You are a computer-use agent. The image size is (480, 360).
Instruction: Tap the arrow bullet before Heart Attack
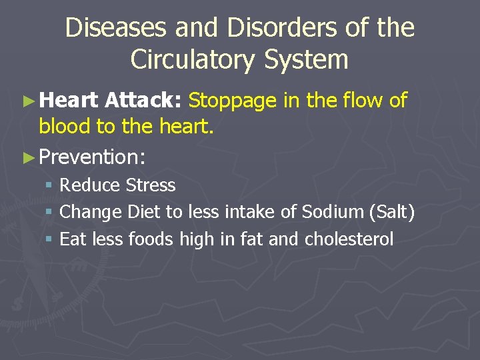pyautogui.click(x=28, y=101)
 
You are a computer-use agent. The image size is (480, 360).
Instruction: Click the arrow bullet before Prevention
pyautogui.click(x=28, y=157)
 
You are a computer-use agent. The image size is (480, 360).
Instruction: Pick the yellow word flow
pyautogui.click(x=362, y=101)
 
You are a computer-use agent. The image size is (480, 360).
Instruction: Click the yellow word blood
pyautogui.click(x=65, y=126)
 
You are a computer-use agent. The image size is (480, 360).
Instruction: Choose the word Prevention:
pyautogui.click(x=93, y=157)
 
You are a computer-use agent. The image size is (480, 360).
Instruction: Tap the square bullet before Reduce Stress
pyautogui.click(x=51, y=185)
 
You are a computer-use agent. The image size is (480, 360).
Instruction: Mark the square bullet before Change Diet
pyautogui.click(x=51, y=213)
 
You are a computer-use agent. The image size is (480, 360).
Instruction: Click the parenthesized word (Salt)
pyautogui.click(x=392, y=213)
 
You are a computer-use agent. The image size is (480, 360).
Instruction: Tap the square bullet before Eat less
pyautogui.click(x=51, y=239)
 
